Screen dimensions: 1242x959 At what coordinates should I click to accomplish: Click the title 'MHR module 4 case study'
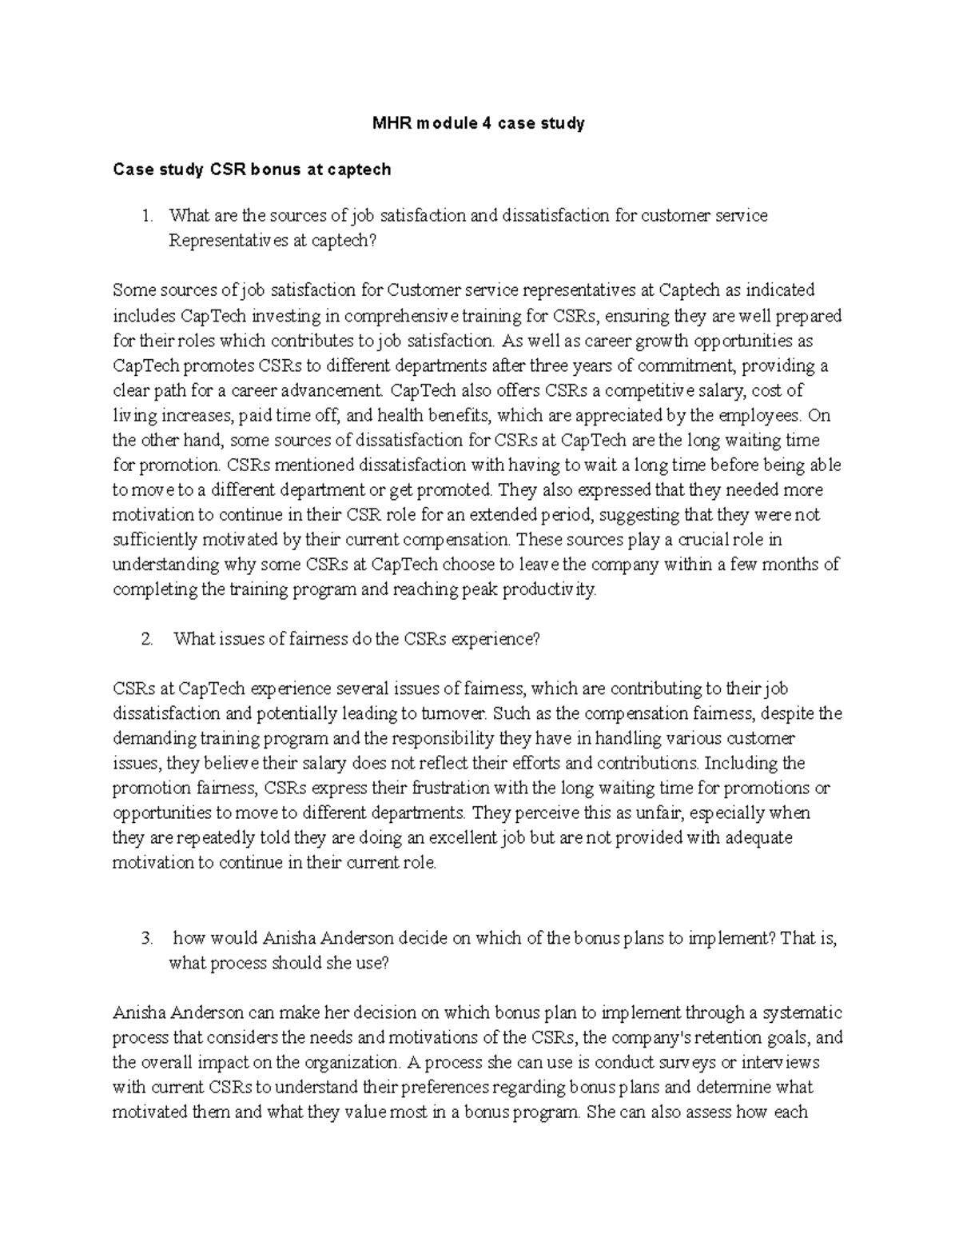coord(479,123)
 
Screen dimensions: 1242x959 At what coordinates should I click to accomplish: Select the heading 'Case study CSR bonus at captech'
coord(252,170)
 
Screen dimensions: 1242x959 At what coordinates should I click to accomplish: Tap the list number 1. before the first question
coord(145,216)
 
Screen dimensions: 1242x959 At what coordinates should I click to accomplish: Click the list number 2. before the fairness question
coord(145,639)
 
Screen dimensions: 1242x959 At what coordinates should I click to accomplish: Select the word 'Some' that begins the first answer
coord(131,290)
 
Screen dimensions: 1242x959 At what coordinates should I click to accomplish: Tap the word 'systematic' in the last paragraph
coord(802,1013)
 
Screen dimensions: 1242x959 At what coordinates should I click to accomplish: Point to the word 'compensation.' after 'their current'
coord(461,540)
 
